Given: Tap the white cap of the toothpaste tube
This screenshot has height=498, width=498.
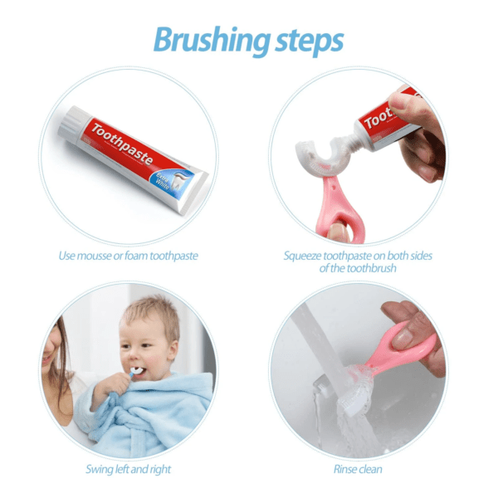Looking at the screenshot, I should point(70,124).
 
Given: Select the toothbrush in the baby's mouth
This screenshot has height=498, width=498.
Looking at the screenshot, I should point(134,369).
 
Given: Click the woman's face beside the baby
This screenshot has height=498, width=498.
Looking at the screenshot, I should point(62,349).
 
